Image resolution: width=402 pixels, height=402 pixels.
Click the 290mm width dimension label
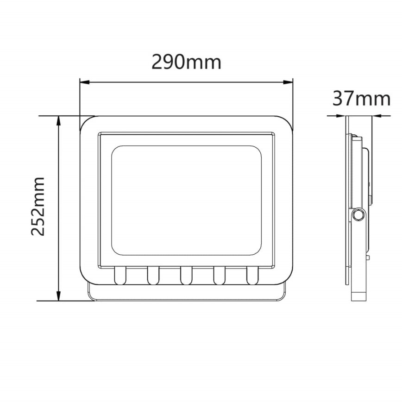pyautogui.click(x=187, y=61)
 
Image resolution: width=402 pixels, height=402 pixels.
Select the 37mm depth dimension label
pyautogui.click(x=361, y=98)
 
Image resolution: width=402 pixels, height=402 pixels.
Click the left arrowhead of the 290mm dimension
pyautogui.click(x=83, y=83)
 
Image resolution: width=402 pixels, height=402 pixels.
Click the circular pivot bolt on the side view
pyautogui.click(x=358, y=214)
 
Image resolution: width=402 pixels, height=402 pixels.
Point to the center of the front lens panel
pyautogui.click(x=186, y=200)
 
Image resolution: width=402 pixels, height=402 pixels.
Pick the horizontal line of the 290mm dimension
pyautogui.click(x=187, y=83)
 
